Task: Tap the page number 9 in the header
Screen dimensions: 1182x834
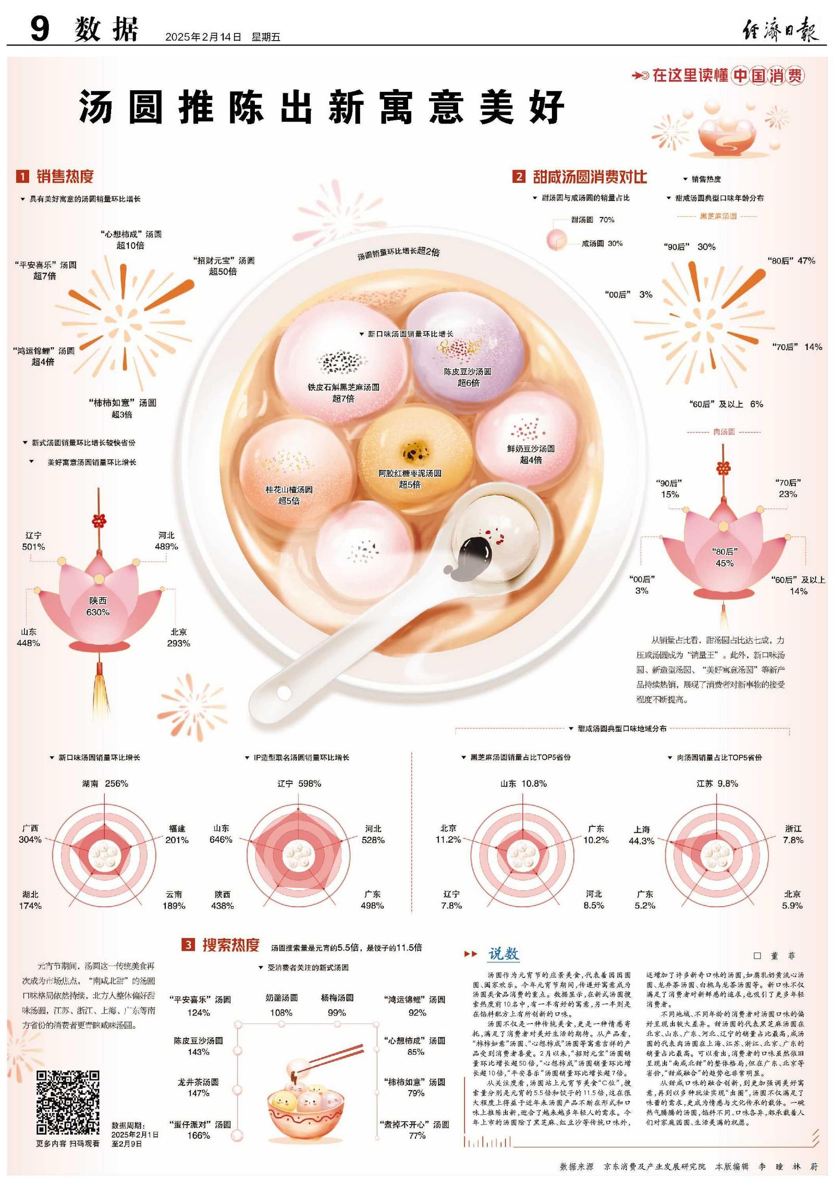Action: (40, 29)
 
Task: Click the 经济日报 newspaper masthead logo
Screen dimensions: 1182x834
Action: (780, 29)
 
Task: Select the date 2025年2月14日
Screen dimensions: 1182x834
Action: (203, 37)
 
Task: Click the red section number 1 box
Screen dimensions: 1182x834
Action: (22, 177)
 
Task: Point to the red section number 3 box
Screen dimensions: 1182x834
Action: (188, 944)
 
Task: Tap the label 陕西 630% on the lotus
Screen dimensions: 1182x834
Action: (98, 606)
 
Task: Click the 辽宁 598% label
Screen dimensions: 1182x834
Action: (299, 784)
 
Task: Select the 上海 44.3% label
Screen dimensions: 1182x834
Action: (642, 835)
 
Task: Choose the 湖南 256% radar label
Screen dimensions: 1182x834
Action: (105, 784)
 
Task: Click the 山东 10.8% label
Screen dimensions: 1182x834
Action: (523, 784)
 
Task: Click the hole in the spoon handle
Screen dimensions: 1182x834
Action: (284, 693)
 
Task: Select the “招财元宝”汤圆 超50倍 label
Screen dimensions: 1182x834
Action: (224, 266)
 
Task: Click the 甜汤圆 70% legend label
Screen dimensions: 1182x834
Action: (593, 220)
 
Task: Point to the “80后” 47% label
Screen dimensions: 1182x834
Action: (791, 261)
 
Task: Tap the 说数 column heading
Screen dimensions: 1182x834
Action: (503, 954)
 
